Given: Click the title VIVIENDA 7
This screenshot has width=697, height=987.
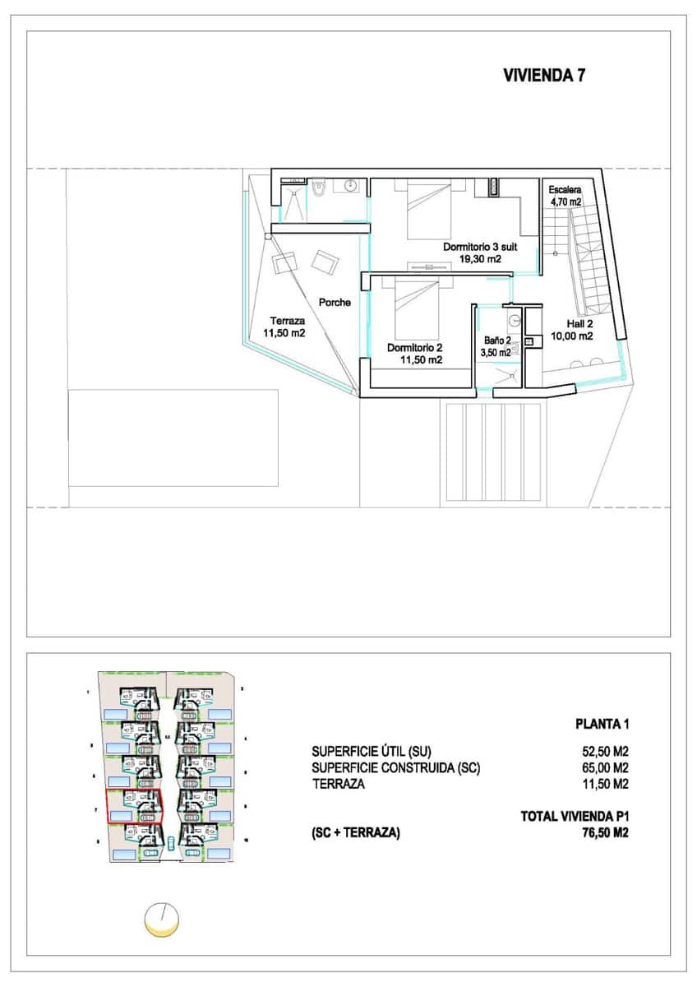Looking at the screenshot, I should click(x=543, y=76).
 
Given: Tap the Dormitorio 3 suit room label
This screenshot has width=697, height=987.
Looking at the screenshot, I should click(x=481, y=246).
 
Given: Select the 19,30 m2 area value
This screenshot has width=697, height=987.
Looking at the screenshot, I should click(x=481, y=258).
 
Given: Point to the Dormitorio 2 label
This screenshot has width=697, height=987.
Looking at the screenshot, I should click(x=415, y=347).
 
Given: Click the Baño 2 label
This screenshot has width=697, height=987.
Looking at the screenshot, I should click(x=496, y=341).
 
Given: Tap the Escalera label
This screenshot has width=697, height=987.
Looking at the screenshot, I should click(x=565, y=189).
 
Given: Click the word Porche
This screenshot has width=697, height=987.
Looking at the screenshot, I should click(x=335, y=302).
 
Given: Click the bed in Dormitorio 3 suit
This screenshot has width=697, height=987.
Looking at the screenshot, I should click(x=430, y=210).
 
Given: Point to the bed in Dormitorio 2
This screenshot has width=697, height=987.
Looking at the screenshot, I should click(x=419, y=304).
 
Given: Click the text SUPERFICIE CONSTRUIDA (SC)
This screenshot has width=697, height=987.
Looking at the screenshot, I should click(x=395, y=767).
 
